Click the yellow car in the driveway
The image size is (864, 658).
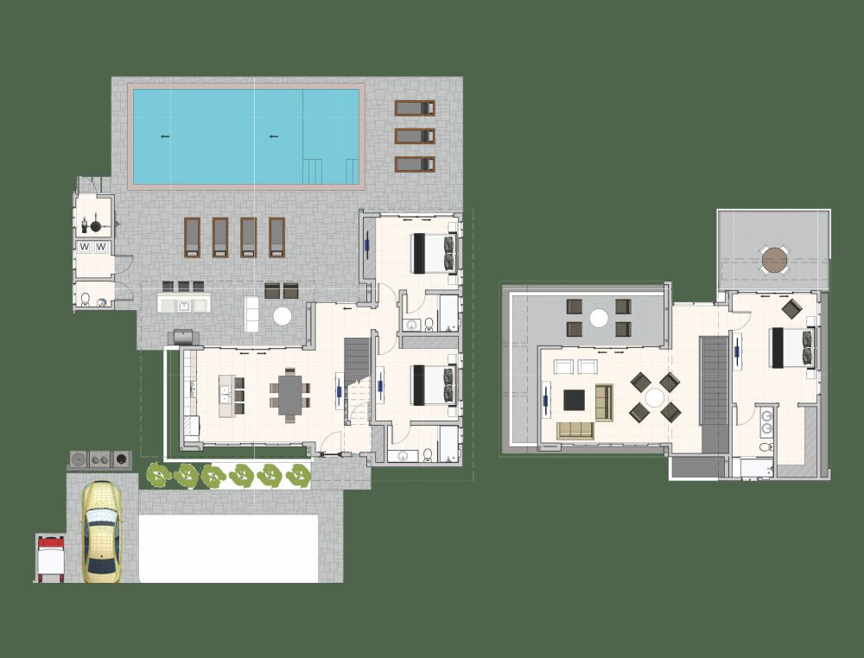click(101, 532)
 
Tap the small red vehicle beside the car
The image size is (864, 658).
click(50, 555)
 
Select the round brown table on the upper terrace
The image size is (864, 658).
click(774, 258)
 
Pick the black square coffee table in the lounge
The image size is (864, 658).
click(575, 400)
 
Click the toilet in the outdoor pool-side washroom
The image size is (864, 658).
click(86, 300)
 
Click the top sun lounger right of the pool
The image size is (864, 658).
click(415, 108)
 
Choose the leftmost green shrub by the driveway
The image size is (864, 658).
click(157, 474)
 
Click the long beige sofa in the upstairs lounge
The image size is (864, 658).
click(575, 430)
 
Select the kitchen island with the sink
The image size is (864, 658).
click(228, 394)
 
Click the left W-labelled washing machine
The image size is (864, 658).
click(86, 247)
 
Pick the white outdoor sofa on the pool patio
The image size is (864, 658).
click(252, 313)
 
